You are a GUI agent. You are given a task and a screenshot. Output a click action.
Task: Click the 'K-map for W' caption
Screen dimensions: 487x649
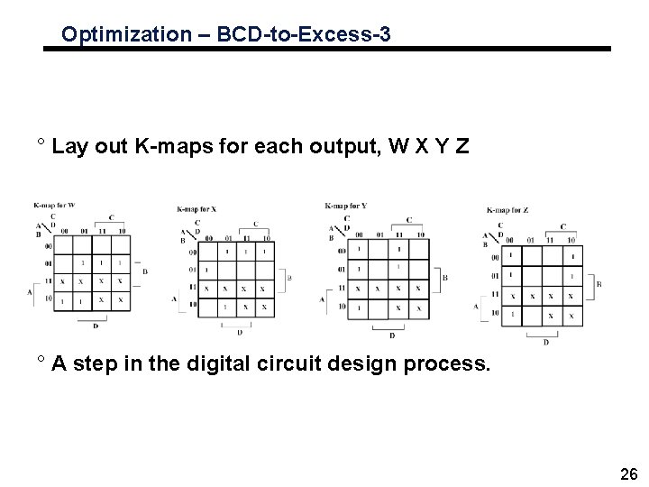pos(53,205)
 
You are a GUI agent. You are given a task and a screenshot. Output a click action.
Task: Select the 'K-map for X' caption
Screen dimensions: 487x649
pos(197,209)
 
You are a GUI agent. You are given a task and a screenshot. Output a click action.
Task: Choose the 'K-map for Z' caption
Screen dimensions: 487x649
pos(507,209)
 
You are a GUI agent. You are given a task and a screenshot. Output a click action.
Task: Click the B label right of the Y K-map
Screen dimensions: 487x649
pos(445,279)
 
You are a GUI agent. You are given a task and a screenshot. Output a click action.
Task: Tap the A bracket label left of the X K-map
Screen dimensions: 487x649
pos(174,298)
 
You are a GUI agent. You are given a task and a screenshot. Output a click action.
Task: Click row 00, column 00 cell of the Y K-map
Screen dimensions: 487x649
pos(360,249)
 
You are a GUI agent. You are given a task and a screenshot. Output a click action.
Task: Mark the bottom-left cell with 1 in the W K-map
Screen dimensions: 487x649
pos(62,299)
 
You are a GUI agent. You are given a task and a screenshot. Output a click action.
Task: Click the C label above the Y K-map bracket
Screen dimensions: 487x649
pos(409,219)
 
